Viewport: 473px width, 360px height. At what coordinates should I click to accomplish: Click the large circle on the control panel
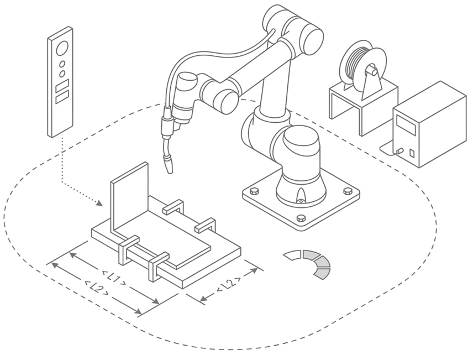(x=62, y=48)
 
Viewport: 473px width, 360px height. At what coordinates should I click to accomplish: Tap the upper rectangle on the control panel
(x=62, y=85)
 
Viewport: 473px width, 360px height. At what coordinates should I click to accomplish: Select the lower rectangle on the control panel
(x=62, y=97)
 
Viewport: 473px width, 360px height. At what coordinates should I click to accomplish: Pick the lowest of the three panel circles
(x=62, y=74)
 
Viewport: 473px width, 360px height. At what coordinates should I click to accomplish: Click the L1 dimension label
(x=114, y=278)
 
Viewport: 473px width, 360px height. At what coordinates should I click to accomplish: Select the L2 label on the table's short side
(x=229, y=284)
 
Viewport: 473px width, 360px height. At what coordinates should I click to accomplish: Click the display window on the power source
(x=406, y=125)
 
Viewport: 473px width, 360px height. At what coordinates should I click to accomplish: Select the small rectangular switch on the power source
(x=412, y=153)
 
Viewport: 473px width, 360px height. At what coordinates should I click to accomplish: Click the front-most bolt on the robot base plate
(x=301, y=218)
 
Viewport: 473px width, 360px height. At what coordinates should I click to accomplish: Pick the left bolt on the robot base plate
(x=254, y=190)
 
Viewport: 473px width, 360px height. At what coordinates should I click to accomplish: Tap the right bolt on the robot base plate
(x=348, y=191)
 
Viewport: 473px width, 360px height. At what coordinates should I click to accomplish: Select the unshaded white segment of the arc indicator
(x=293, y=254)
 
